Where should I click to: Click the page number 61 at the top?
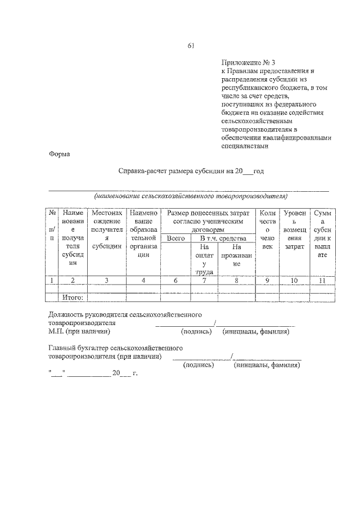click(x=191, y=47)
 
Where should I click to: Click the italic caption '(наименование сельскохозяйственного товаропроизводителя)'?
click(x=190, y=196)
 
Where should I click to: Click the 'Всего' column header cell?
click(x=176, y=238)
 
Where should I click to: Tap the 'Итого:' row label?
click(x=73, y=298)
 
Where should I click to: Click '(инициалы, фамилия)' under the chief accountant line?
click(x=266, y=365)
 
